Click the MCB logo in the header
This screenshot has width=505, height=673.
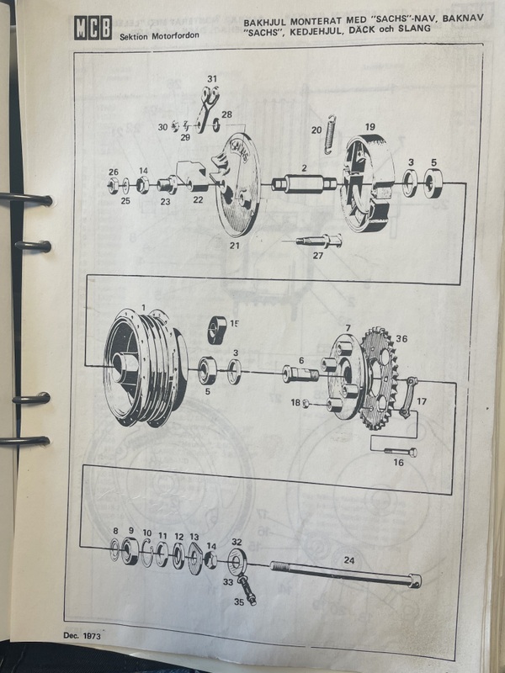[93, 28]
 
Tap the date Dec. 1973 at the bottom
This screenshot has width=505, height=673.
[82, 635]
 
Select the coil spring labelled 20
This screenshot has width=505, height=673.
[330, 135]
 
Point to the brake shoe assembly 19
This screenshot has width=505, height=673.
[368, 183]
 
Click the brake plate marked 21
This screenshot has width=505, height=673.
[237, 184]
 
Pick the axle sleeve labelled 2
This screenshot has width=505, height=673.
[304, 184]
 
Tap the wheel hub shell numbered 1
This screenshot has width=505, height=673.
[145, 368]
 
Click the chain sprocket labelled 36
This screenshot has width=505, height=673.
[380, 378]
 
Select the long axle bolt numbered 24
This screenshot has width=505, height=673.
[346, 574]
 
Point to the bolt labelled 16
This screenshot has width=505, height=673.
[401, 452]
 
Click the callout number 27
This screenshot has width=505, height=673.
[318, 256]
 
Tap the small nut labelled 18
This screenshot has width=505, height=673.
[306, 404]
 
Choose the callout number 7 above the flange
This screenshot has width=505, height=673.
[348, 328]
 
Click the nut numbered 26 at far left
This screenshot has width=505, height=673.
[114, 186]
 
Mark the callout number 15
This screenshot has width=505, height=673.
[235, 324]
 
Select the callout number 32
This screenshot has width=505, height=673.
[237, 542]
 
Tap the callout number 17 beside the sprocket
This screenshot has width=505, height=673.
[422, 401]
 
